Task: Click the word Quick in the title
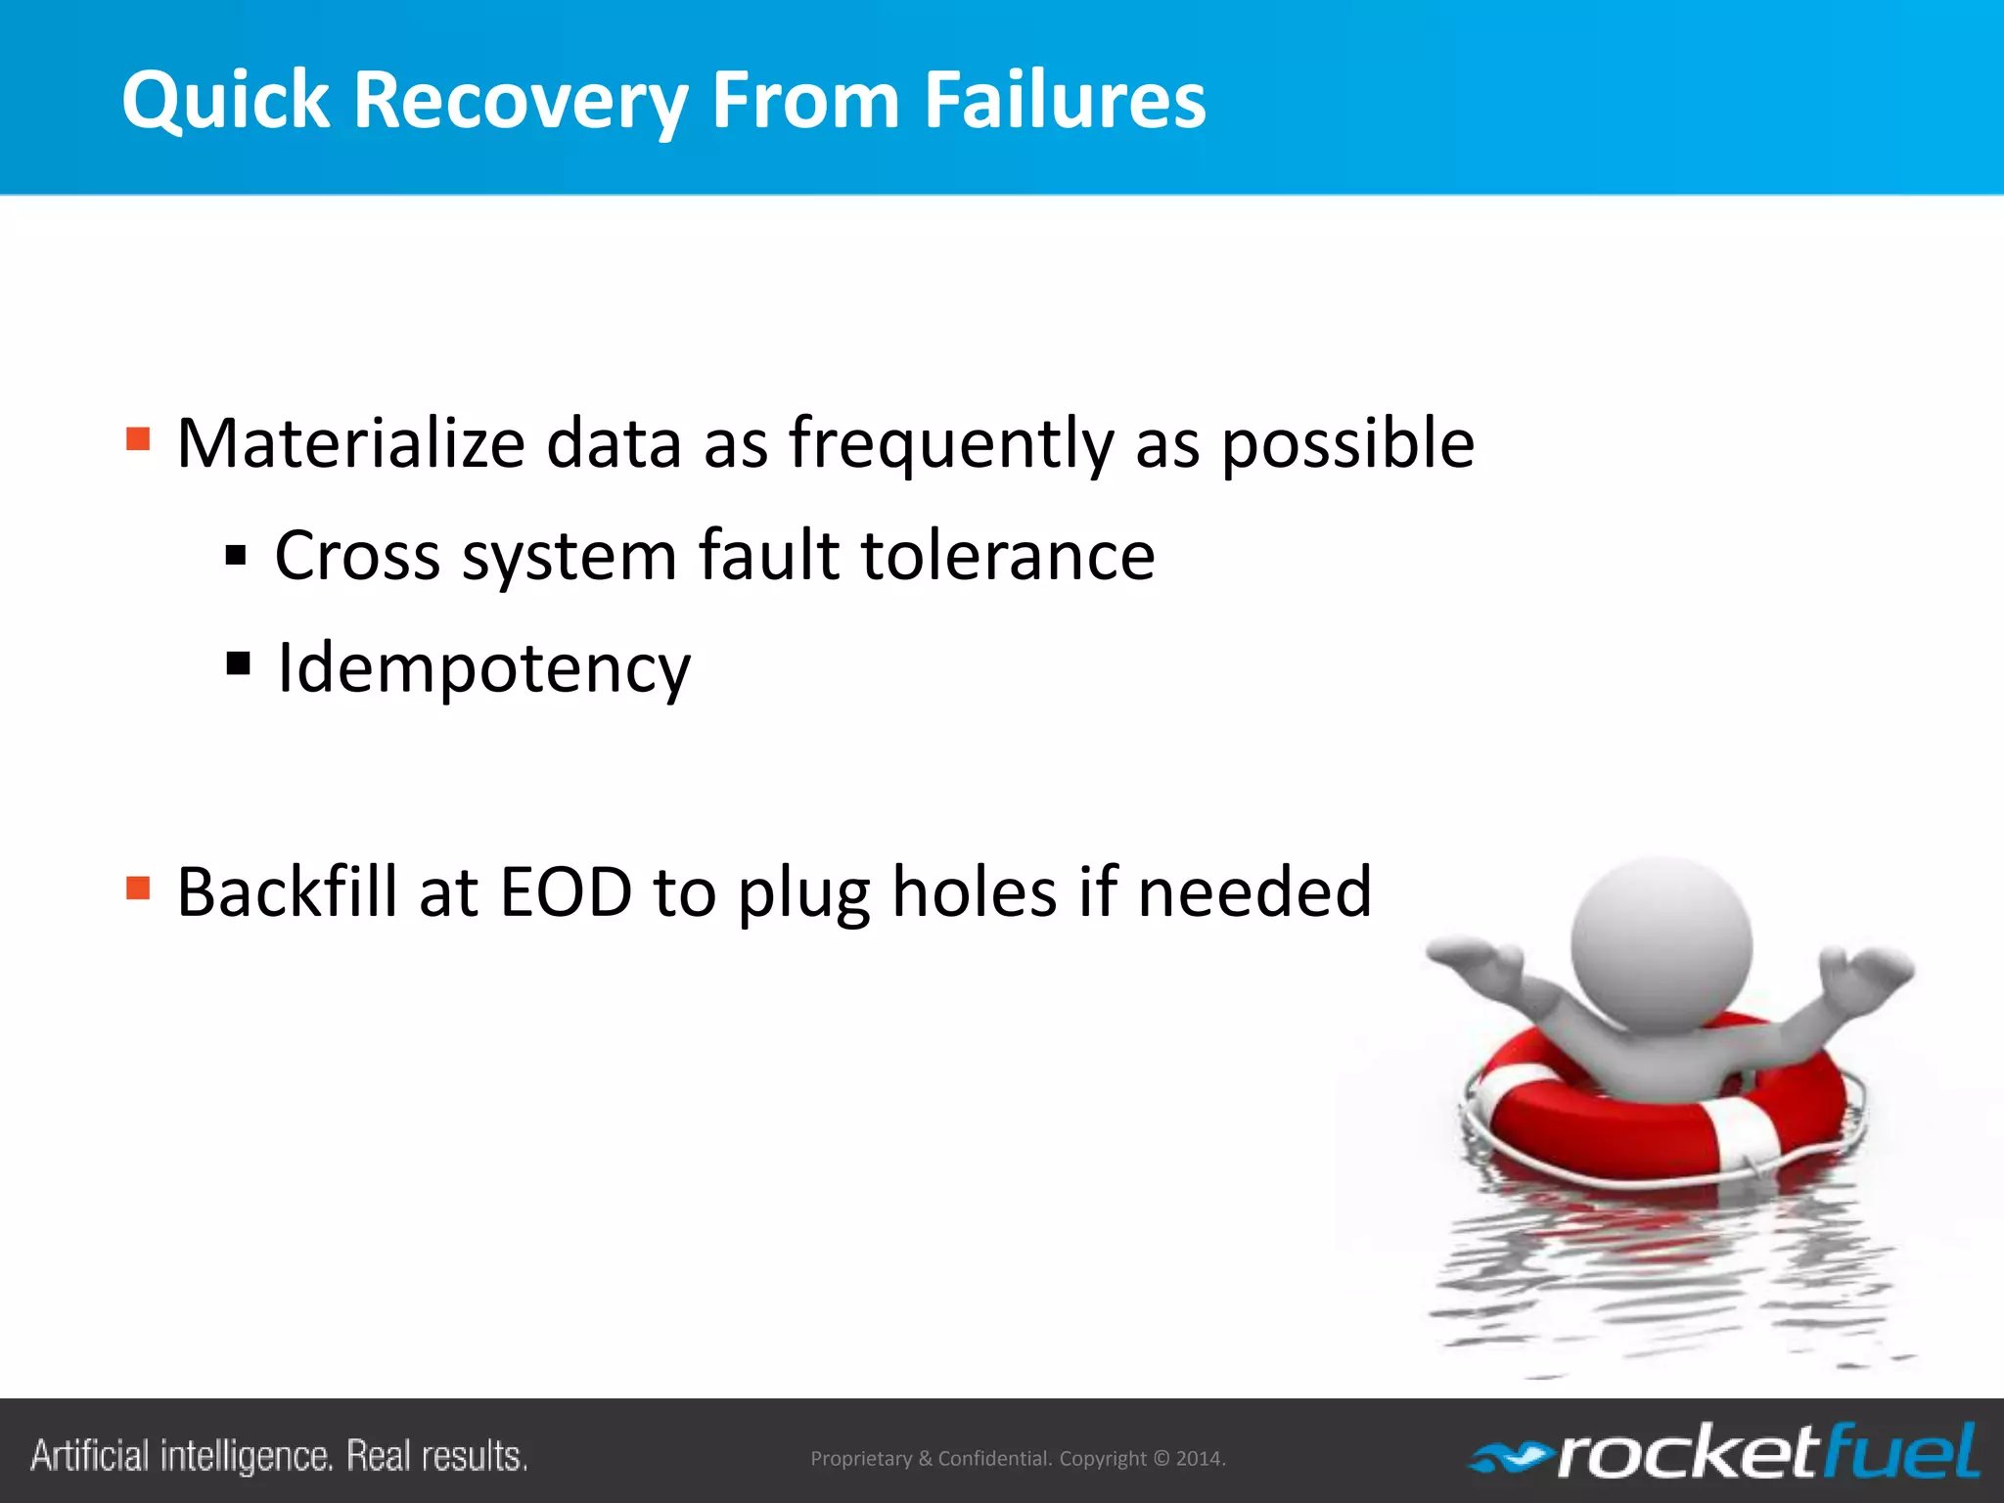226,101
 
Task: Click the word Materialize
351,443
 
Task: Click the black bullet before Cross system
236,556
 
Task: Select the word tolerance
1008,555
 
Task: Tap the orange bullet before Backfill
138,888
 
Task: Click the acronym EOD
566,891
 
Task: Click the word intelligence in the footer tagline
246,1456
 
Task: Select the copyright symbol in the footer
1161,1459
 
